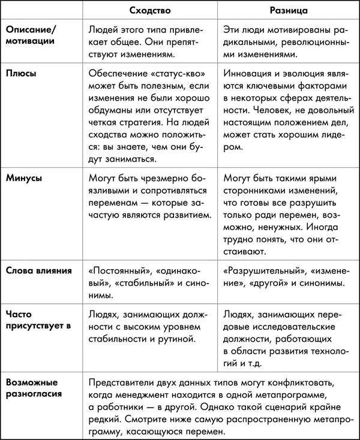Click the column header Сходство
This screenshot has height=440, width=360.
[x=149, y=11]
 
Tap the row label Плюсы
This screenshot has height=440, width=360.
[x=20, y=73]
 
